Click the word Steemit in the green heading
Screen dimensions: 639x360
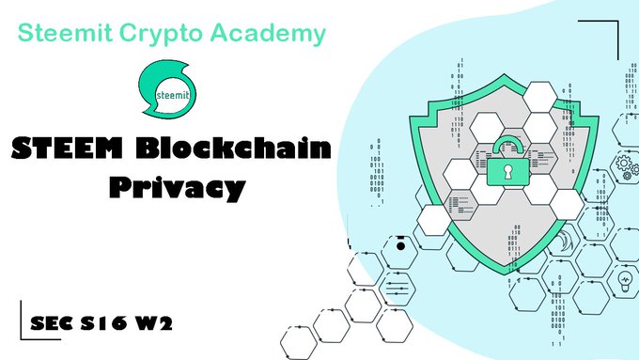tap(65, 32)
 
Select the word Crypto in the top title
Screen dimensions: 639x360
tap(161, 34)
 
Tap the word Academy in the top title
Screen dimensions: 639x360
tap(268, 34)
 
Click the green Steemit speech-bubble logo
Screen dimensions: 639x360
tap(167, 89)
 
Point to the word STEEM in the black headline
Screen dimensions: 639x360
tap(67, 148)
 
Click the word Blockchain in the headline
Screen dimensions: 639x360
tap(233, 147)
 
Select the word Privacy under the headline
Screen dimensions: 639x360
tap(178, 188)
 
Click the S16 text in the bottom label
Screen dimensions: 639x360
tap(103, 323)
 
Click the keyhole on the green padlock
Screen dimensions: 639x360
tap(507, 172)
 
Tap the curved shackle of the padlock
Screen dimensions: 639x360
tap(507, 142)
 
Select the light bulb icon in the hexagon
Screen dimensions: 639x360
tap(625, 282)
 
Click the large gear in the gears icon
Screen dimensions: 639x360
tap(624, 163)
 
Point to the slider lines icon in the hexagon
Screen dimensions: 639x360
tap(397, 289)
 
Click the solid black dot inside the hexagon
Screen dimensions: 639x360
tap(400, 246)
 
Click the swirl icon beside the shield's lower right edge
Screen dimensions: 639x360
tap(565, 241)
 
